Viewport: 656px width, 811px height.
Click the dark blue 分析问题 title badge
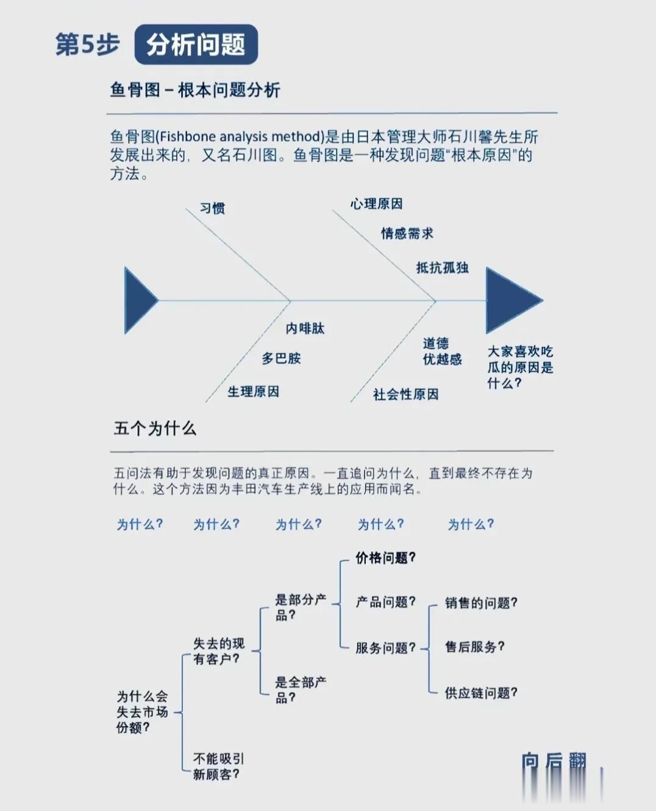(196, 44)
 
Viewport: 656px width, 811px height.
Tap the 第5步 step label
(87, 44)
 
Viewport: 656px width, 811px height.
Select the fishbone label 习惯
(213, 208)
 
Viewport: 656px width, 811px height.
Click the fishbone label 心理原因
(376, 204)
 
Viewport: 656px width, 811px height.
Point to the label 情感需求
(407, 233)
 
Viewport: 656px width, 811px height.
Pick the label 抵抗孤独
(442, 268)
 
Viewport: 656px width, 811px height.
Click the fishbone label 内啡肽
(305, 329)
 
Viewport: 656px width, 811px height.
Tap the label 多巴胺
(281, 359)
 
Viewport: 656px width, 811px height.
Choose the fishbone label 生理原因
(253, 391)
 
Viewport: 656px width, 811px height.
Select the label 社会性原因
(405, 395)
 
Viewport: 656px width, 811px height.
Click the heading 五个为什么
(155, 429)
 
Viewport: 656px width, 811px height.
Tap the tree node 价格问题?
(385, 558)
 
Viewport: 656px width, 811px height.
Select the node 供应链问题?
(481, 693)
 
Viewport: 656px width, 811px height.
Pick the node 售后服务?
(474, 647)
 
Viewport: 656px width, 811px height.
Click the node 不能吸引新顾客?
(218, 767)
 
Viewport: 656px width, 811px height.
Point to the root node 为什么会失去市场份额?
(142, 712)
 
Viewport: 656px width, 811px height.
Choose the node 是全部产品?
(300, 690)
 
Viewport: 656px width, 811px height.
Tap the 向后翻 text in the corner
(554, 761)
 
